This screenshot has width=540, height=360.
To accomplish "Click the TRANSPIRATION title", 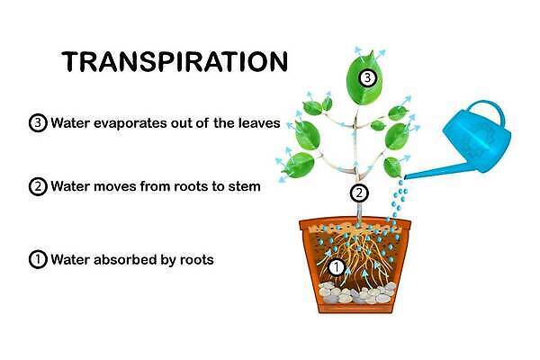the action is pos(175,62).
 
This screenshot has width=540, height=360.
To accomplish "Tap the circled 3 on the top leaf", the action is pos(368,78).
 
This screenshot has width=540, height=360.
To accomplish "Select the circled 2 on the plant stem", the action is pos(359,193).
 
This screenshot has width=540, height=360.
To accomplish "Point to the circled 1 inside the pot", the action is pos(336,267).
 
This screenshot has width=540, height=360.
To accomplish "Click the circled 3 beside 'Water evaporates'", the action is pos(38,123).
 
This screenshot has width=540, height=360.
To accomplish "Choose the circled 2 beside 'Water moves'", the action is pos(38,186).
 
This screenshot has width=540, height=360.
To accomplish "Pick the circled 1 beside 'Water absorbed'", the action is pos(38,259).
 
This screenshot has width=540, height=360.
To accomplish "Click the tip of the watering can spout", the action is pos(405,177).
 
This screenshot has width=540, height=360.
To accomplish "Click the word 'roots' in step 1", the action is pos(196,260).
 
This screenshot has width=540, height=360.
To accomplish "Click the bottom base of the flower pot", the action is pos(355,308).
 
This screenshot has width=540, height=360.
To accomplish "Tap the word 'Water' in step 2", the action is pos(70,186).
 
